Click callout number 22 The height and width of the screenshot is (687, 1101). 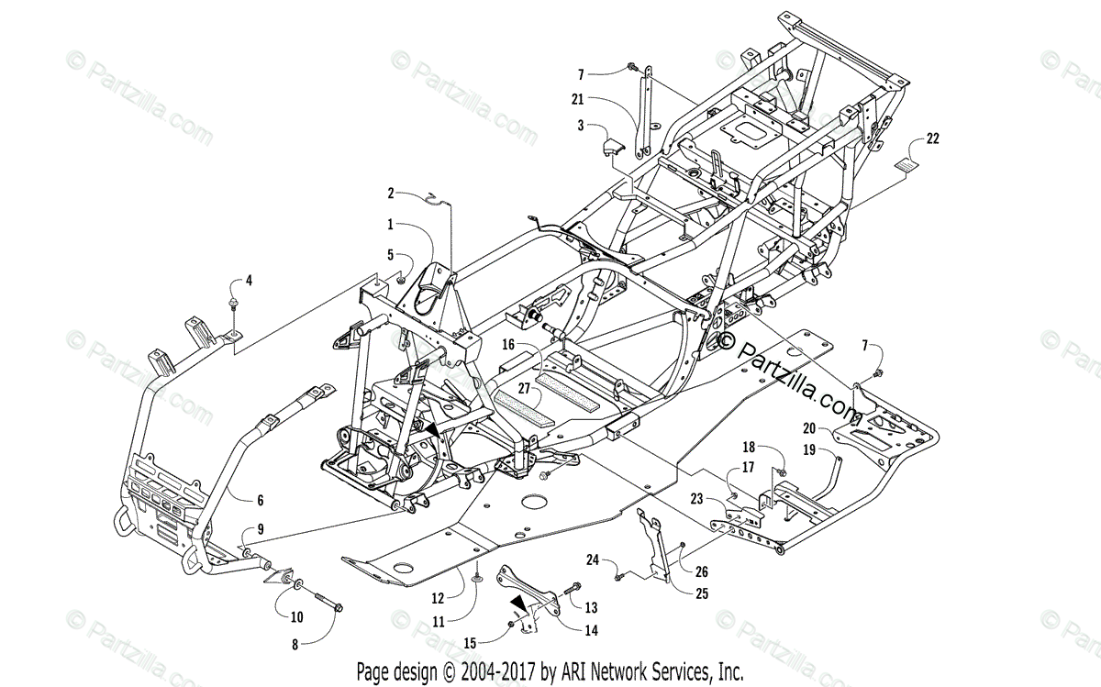[x=932, y=139]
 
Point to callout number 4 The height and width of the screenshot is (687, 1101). [x=247, y=280]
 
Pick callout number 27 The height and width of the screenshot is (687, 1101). [x=523, y=389]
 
